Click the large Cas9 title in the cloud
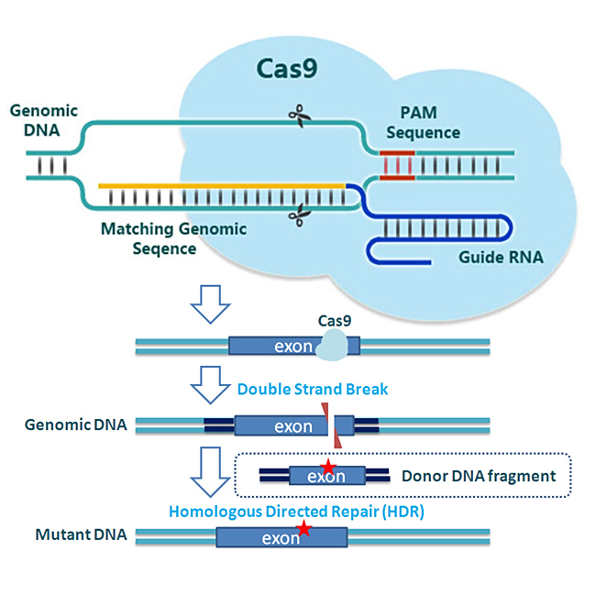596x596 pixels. tap(285, 72)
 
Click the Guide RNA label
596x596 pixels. tap(500, 258)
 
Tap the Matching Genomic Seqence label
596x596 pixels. tap(173, 237)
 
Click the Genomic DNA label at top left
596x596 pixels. tap(43, 120)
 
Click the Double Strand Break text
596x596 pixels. tap(313, 389)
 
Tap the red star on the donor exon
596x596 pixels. tap(327, 469)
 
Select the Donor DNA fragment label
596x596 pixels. tap(479, 476)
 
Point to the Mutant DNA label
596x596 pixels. tap(74, 535)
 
